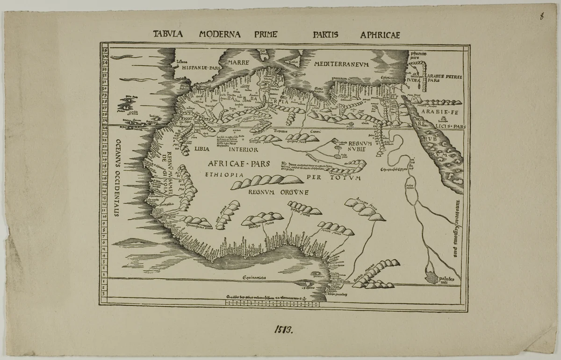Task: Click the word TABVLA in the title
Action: pos(171,34)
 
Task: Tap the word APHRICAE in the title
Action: pos(380,35)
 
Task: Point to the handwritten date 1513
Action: pos(283,330)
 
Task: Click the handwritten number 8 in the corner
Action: pos(541,17)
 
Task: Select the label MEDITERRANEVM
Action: pos(342,64)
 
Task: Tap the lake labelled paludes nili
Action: pos(433,277)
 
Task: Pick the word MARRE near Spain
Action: pos(236,62)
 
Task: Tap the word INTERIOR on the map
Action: pos(243,150)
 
